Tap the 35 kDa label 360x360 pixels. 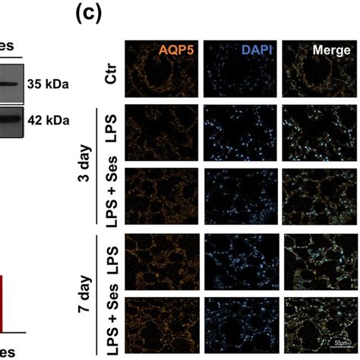[x=46, y=85]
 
